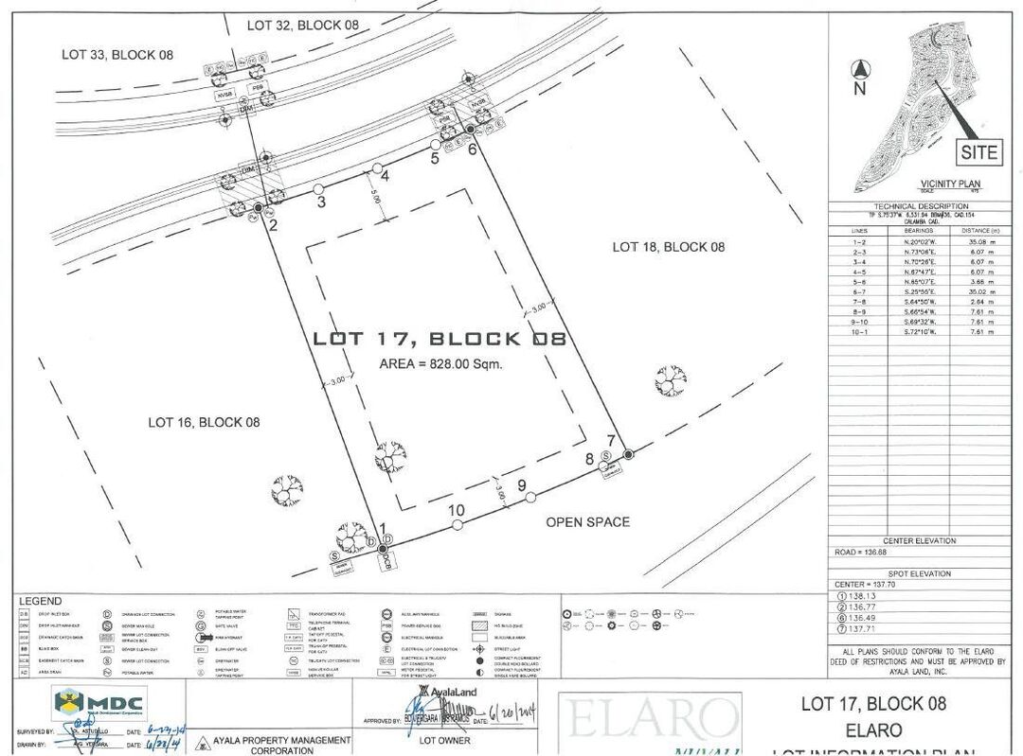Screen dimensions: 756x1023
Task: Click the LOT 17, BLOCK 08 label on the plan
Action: [x=440, y=339]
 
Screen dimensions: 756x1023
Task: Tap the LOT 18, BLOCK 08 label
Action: [x=668, y=247]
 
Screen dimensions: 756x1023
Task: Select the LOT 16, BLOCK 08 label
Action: [x=204, y=422]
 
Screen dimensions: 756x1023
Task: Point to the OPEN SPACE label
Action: [x=587, y=521]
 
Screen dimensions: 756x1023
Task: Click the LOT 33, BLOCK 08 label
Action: [x=117, y=55]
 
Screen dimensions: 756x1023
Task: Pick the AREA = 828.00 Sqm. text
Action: [x=440, y=364]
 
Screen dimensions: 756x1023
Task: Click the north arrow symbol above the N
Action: [x=860, y=69]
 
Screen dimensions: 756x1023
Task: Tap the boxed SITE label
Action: [x=978, y=151]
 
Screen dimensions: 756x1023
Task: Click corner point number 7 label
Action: [x=612, y=440]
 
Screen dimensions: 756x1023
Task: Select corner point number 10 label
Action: [x=457, y=511]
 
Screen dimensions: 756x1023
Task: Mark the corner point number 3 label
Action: [x=321, y=202]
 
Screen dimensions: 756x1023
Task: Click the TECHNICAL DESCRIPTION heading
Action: [x=921, y=205]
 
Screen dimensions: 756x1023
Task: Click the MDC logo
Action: [x=100, y=703]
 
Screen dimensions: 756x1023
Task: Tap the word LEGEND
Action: [x=40, y=601]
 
